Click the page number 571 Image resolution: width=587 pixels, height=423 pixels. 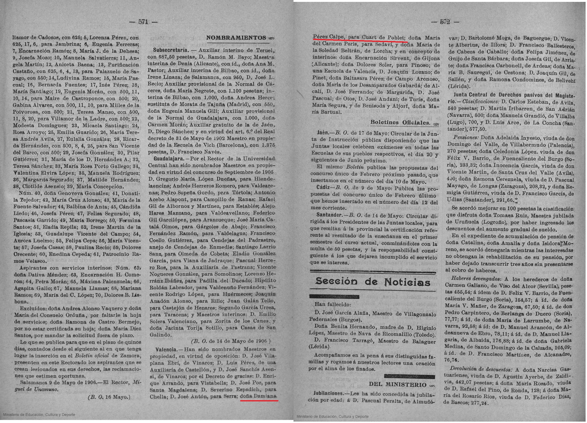(x=143, y=22)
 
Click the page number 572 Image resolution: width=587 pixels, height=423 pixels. (x=445, y=22)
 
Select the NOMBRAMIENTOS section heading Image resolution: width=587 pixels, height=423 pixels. (x=236, y=38)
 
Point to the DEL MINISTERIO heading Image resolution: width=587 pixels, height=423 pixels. (x=397, y=384)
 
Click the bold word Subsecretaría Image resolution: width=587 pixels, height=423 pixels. (x=166, y=50)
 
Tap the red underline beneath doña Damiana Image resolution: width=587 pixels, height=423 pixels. (x=259, y=401)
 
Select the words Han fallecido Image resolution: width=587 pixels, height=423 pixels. (x=333, y=304)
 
